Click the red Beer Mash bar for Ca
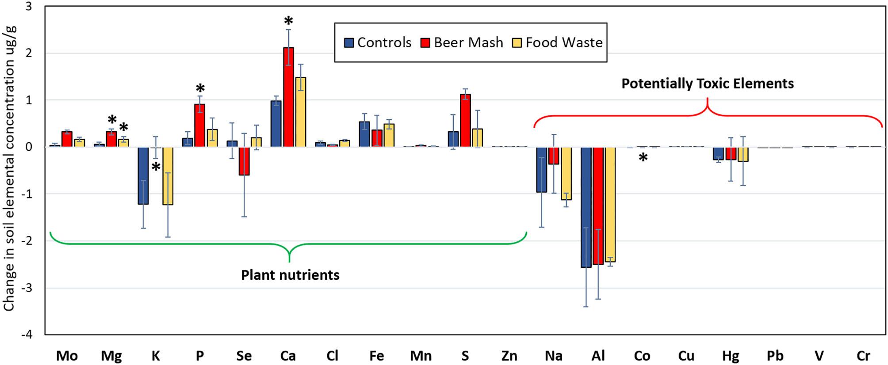click(x=288, y=97)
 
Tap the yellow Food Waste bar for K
click(x=168, y=176)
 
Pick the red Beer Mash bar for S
click(x=465, y=120)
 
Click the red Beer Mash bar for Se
click(x=244, y=161)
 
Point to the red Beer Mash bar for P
click(x=200, y=125)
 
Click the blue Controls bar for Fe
click(x=364, y=134)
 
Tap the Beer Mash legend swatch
click(x=425, y=43)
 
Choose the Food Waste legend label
click(x=564, y=42)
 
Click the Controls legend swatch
click(x=349, y=43)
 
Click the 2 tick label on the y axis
click(x=29, y=53)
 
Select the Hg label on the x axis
click(x=731, y=356)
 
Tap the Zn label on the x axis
click(x=509, y=356)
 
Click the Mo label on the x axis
click(x=67, y=356)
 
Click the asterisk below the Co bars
click(x=643, y=158)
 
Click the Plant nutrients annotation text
click(x=290, y=275)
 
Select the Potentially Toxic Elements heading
click(x=708, y=84)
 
